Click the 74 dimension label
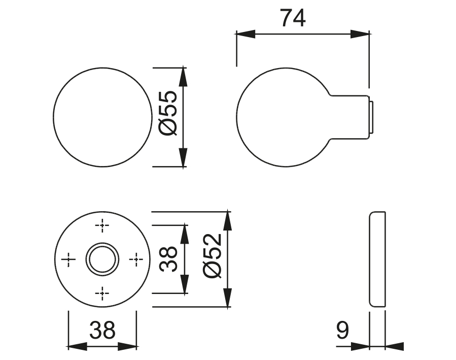[x=293, y=19]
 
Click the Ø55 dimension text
[x=167, y=113]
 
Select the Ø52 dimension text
[x=212, y=256]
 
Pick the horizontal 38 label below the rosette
[x=102, y=331]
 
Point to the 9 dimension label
[x=343, y=331]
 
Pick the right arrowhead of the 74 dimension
[x=360, y=35]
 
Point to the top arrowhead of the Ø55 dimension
[x=184, y=76]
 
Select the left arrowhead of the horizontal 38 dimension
[x=77, y=346]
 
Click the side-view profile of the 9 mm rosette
[x=377, y=258]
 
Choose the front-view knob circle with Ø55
[x=102, y=117]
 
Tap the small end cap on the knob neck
[x=372, y=117]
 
